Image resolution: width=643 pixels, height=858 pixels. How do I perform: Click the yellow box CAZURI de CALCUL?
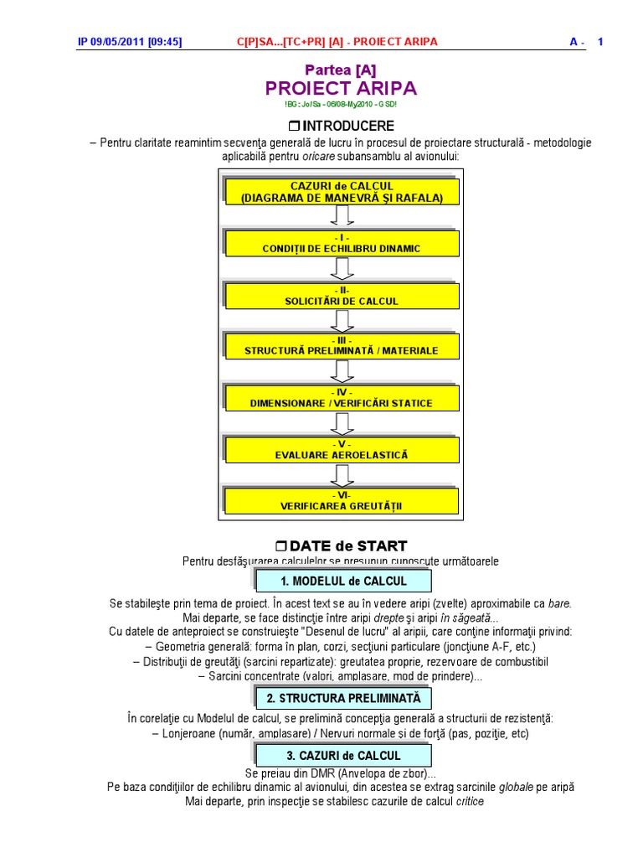pos(342,192)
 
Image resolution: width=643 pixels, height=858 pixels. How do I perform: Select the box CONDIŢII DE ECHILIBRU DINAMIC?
pos(342,243)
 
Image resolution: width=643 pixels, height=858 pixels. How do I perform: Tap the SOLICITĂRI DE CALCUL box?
pos(342,295)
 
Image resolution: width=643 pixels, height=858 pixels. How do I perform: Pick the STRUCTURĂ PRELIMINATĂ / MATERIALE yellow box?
pos(342,346)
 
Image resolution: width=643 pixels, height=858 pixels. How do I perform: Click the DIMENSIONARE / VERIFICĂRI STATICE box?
pos(342,398)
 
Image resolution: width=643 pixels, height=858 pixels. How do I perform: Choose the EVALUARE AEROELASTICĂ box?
pos(342,449)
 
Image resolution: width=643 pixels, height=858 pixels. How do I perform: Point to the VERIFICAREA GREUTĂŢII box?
pos(342,501)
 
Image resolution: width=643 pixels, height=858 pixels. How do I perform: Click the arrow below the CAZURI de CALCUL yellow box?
pos(341,216)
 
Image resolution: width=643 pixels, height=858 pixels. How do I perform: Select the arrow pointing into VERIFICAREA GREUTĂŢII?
pos(341,475)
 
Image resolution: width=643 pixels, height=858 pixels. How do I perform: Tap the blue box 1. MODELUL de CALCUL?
pos(342,581)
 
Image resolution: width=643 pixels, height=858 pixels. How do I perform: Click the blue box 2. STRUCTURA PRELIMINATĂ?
pos(342,697)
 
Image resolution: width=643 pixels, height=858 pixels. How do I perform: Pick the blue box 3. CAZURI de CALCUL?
pos(342,755)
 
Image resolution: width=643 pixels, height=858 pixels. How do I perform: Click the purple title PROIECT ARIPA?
pos(341,89)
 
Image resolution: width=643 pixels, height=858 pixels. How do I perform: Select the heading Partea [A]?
pos(341,70)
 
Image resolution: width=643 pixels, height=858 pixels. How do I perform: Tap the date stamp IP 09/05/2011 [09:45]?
pos(130,42)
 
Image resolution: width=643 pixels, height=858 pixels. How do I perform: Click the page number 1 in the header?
pos(600,42)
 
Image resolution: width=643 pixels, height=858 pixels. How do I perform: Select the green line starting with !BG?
pos(341,104)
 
